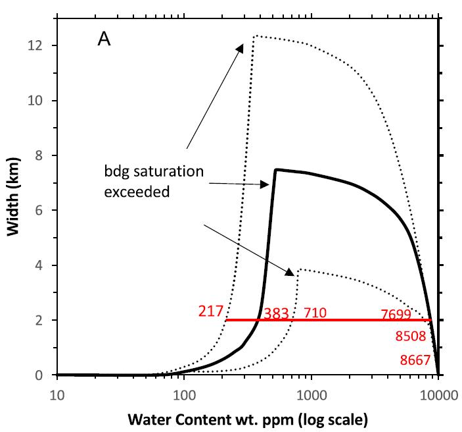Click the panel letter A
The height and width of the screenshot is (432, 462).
click(104, 40)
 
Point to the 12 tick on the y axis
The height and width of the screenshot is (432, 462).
click(41, 45)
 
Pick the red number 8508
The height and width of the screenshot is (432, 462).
click(411, 337)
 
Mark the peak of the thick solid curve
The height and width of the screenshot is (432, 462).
click(276, 169)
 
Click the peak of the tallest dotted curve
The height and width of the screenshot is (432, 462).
click(255, 36)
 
